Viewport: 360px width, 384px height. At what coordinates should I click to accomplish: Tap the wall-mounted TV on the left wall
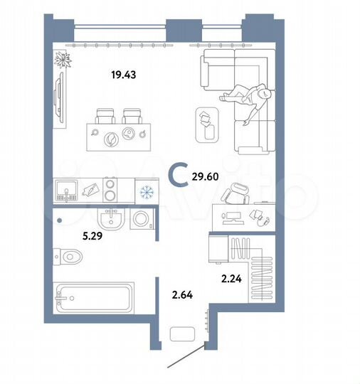click(x=57, y=102)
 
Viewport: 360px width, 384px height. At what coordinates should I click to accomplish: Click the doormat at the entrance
click(x=186, y=336)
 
